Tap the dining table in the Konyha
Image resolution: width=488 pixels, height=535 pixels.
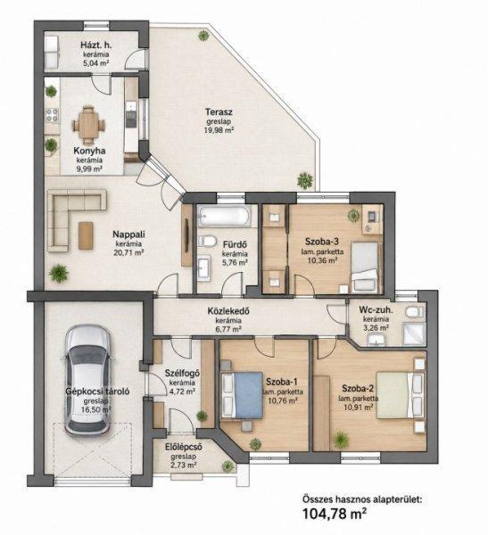[88, 124]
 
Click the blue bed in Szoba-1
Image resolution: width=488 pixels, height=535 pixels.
[244, 395]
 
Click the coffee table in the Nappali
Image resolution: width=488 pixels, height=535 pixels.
[86, 235]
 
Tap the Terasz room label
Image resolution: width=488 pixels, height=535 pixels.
[219, 111]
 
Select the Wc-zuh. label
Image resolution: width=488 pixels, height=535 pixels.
[376, 310]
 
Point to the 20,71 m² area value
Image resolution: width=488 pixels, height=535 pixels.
[128, 253]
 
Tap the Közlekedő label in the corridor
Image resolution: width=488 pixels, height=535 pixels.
[228, 311]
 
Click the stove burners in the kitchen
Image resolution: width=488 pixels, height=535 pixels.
[53, 115]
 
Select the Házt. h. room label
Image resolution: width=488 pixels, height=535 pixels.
[96, 45]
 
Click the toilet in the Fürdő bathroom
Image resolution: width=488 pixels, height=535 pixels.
[207, 241]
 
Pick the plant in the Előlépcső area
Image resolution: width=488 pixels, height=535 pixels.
[227, 466]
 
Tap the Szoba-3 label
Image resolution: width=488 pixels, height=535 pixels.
[322, 242]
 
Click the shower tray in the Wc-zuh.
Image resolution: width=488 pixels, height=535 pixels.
[414, 333]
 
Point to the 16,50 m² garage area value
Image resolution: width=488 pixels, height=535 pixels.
[96, 410]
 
